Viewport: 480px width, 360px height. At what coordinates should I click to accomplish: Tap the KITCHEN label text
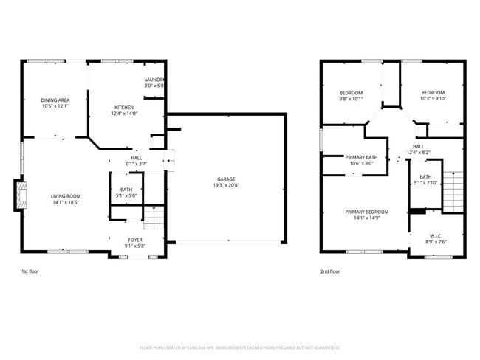coord(123,108)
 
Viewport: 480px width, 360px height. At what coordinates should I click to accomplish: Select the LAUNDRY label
coord(154,80)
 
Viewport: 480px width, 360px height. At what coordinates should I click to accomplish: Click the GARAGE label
coord(225,179)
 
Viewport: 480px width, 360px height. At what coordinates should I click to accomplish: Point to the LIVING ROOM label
coord(65,196)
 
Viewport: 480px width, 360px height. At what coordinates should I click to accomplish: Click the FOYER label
coord(135,239)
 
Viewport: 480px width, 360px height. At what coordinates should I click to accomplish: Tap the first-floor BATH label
coord(126,190)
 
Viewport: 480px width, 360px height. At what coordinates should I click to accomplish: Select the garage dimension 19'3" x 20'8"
coord(225,185)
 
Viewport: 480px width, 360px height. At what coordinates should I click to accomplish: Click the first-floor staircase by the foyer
coord(154,218)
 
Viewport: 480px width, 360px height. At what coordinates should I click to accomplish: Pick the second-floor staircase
coord(452,190)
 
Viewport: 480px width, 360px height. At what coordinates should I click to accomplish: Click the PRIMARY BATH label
coord(361,157)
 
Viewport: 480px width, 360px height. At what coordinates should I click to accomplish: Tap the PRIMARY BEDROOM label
coord(366,212)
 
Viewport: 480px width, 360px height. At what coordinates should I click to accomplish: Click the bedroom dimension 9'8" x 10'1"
coord(351,98)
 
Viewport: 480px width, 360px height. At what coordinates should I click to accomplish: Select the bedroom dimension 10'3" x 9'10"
coord(433,98)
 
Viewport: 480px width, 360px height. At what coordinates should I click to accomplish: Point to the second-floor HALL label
coord(418,146)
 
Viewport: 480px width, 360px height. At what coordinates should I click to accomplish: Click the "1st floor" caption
coord(30,271)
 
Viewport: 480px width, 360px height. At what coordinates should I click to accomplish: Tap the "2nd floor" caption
coord(329,271)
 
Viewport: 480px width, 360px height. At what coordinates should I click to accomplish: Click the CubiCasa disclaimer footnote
coord(239,347)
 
